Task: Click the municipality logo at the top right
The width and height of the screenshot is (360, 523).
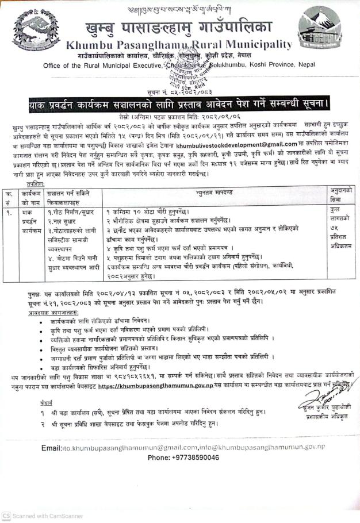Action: (321, 32)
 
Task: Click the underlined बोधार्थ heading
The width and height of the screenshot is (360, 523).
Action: (30, 402)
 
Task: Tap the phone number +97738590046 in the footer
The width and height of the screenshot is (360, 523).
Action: (183, 457)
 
